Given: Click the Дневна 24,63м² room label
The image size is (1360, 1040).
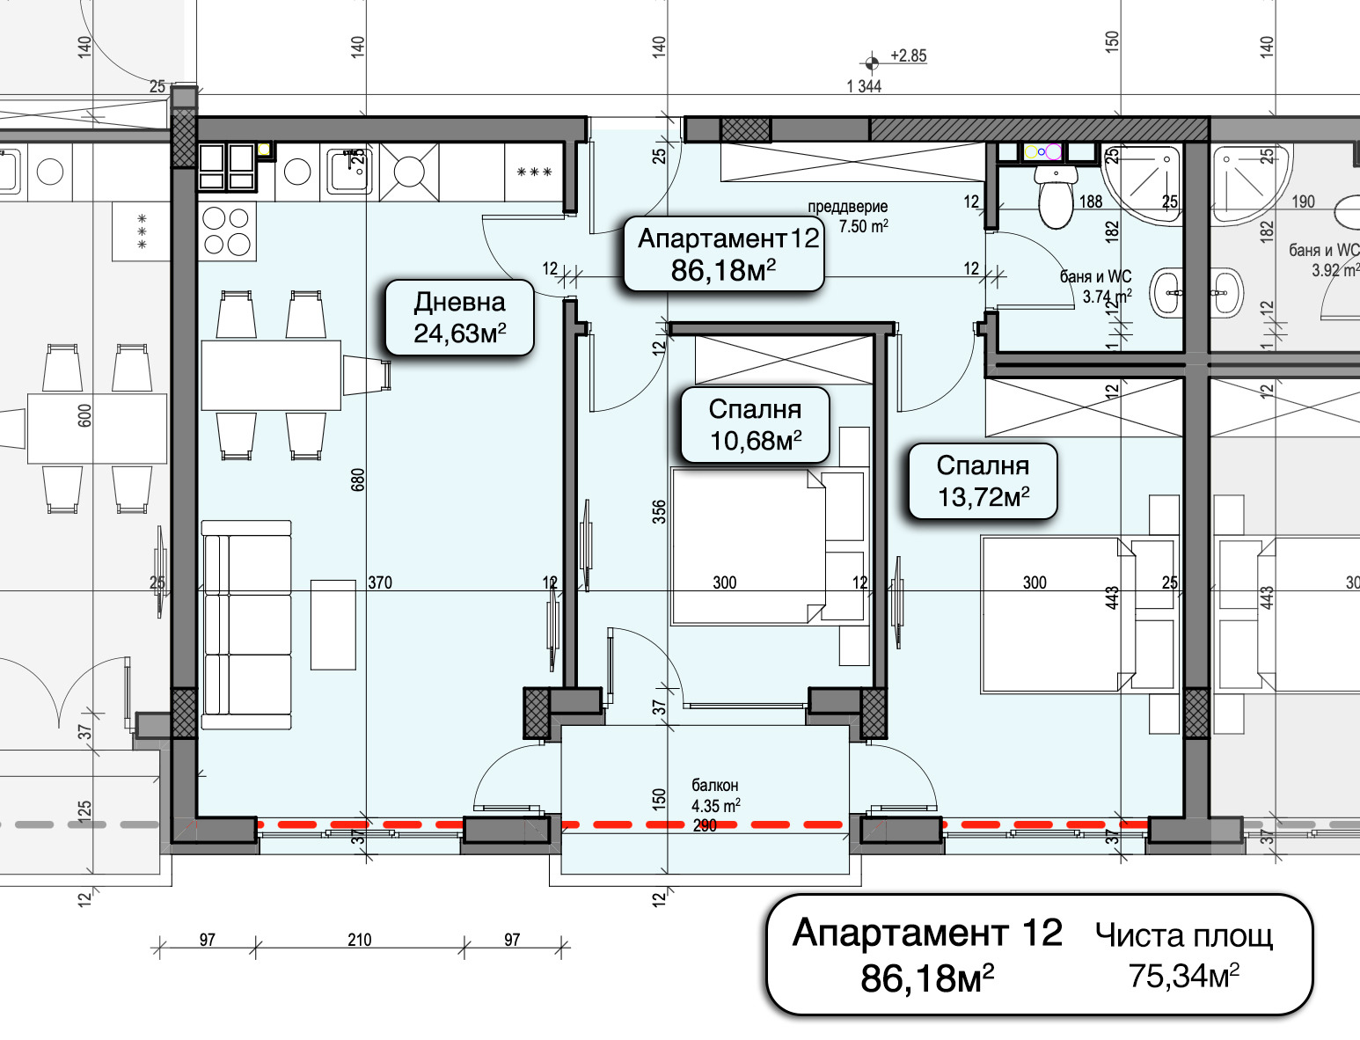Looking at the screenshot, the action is tap(459, 318).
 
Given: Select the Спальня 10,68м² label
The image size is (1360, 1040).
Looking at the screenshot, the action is tap(755, 425).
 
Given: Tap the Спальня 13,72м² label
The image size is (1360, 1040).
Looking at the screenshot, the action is tap(983, 481).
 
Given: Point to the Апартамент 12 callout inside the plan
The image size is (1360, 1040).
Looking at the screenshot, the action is tap(724, 254).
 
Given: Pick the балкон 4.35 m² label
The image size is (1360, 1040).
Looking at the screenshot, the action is tap(715, 795).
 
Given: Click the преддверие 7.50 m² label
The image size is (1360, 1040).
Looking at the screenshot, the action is tap(848, 216).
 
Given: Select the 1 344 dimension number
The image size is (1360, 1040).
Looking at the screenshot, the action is tap(864, 86).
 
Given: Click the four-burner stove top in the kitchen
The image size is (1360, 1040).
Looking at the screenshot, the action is tap(227, 231).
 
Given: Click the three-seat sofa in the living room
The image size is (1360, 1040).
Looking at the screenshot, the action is tap(246, 625).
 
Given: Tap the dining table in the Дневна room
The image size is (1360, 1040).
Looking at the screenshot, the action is tap(271, 376).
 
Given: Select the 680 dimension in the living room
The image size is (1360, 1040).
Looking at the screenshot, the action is tap(358, 480).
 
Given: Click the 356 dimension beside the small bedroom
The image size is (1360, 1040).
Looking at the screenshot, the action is tap(659, 512).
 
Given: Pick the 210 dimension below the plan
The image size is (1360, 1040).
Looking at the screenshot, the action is tap(360, 940).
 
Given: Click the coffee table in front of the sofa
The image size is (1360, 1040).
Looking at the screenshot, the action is tap(333, 625).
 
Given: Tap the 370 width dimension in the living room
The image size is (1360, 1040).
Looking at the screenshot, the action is tap(380, 582).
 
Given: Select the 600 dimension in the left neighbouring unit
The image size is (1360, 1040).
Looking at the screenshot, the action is tap(84, 415).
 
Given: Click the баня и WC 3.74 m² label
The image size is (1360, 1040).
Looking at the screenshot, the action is tap(1095, 287).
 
